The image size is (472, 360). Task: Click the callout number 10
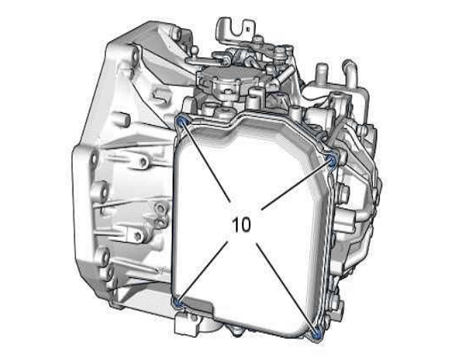[241, 225]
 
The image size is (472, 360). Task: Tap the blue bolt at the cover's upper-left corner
[182, 122]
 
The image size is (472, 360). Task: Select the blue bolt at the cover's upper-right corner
[333, 160]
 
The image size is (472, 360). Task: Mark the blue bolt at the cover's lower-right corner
[316, 335]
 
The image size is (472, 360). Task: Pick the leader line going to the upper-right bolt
[297, 185]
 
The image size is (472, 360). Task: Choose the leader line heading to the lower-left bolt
[202, 273]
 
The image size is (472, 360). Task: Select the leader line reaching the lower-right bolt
[286, 289]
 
